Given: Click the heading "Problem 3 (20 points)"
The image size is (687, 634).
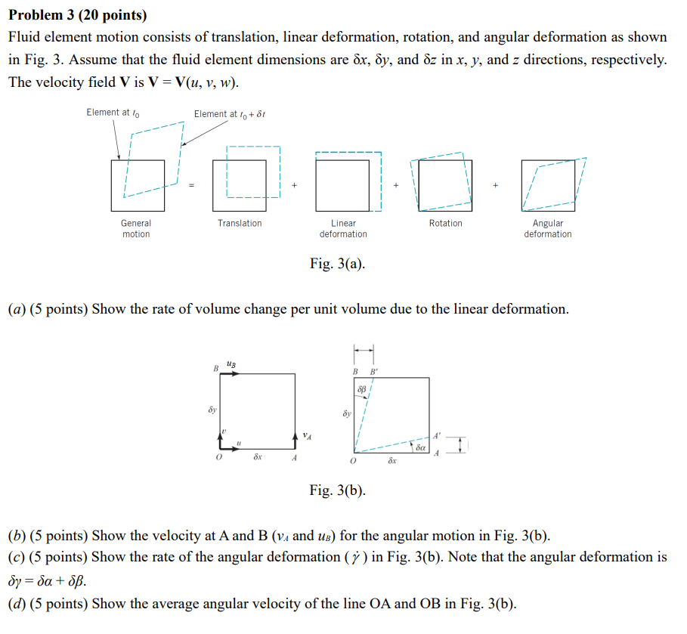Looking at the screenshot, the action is click(78, 15).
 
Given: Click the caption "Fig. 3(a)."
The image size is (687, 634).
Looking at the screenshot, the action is click(337, 264).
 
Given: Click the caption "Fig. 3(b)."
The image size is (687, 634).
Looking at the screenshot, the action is click(337, 490).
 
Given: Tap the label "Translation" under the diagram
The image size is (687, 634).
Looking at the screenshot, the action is click(240, 223).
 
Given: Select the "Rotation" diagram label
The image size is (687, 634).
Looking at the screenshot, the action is click(445, 223).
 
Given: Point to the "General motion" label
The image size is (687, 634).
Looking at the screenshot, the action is click(136, 228).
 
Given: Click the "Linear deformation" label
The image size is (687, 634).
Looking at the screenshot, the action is click(343, 228).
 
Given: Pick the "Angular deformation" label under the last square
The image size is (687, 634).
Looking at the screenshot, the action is click(548, 228).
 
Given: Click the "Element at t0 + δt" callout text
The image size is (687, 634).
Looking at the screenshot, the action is click(230, 114).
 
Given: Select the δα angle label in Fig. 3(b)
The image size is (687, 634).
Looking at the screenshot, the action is click(422, 448).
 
